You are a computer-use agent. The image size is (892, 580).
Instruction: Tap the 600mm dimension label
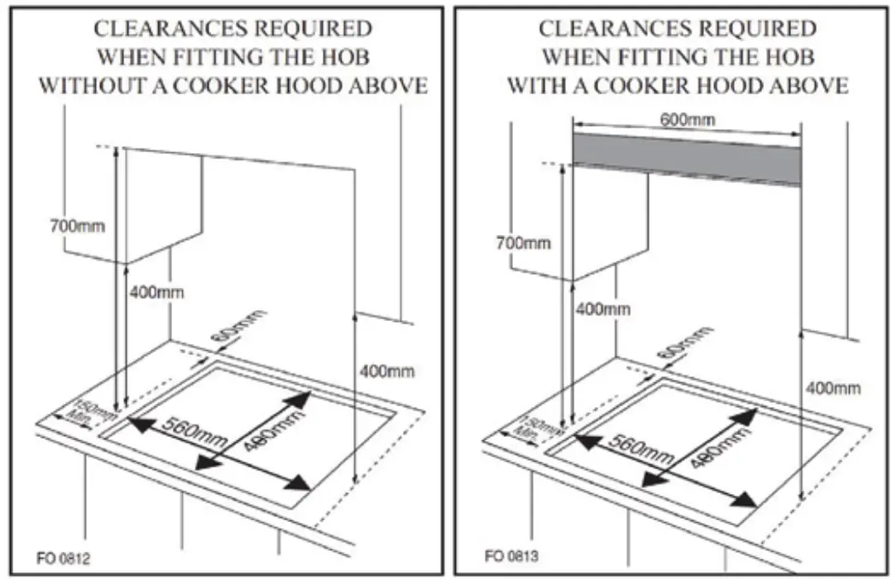[688, 119]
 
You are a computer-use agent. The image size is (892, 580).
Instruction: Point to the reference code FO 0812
[62, 559]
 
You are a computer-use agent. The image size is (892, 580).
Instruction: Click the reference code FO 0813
[511, 557]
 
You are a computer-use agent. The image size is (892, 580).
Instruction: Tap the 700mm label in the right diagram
[523, 242]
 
